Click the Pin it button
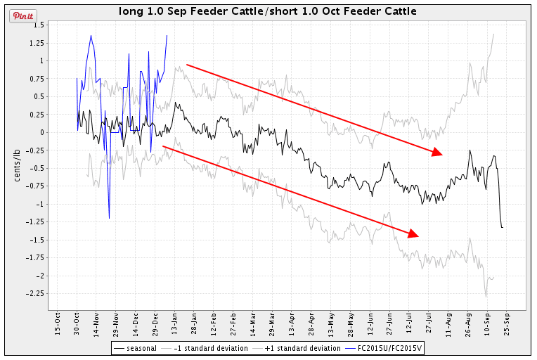click(22, 15)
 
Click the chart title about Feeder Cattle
click(268, 11)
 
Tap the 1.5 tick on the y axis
click(39, 25)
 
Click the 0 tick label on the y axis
click(42, 132)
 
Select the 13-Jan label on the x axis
click(175, 325)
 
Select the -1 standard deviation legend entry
click(204, 348)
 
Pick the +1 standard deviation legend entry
click(295, 348)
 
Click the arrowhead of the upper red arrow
click(438, 153)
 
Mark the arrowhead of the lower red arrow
click(414, 234)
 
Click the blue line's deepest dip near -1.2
click(109, 218)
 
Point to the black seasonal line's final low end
click(503, 227)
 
